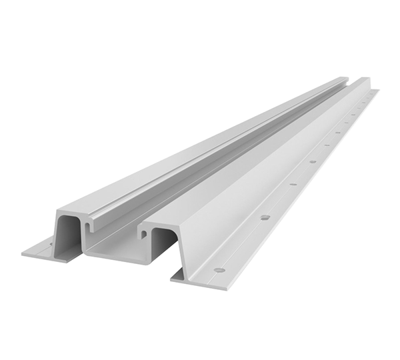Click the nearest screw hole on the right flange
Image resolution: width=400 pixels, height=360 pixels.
coord(219,270)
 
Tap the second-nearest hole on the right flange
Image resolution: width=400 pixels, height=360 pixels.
coord(265,217)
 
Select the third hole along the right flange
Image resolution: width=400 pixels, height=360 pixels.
coord(292,185)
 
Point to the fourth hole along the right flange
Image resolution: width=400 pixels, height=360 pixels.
coord(312,161)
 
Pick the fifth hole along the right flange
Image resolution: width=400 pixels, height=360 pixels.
coord(327,145)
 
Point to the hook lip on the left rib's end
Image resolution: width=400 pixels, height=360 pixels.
coord(87,227)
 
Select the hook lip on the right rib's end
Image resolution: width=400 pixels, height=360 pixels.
coord(142,233)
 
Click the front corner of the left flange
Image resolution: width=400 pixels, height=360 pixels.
coord(23,254)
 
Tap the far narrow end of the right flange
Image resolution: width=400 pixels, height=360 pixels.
coord(376,91)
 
